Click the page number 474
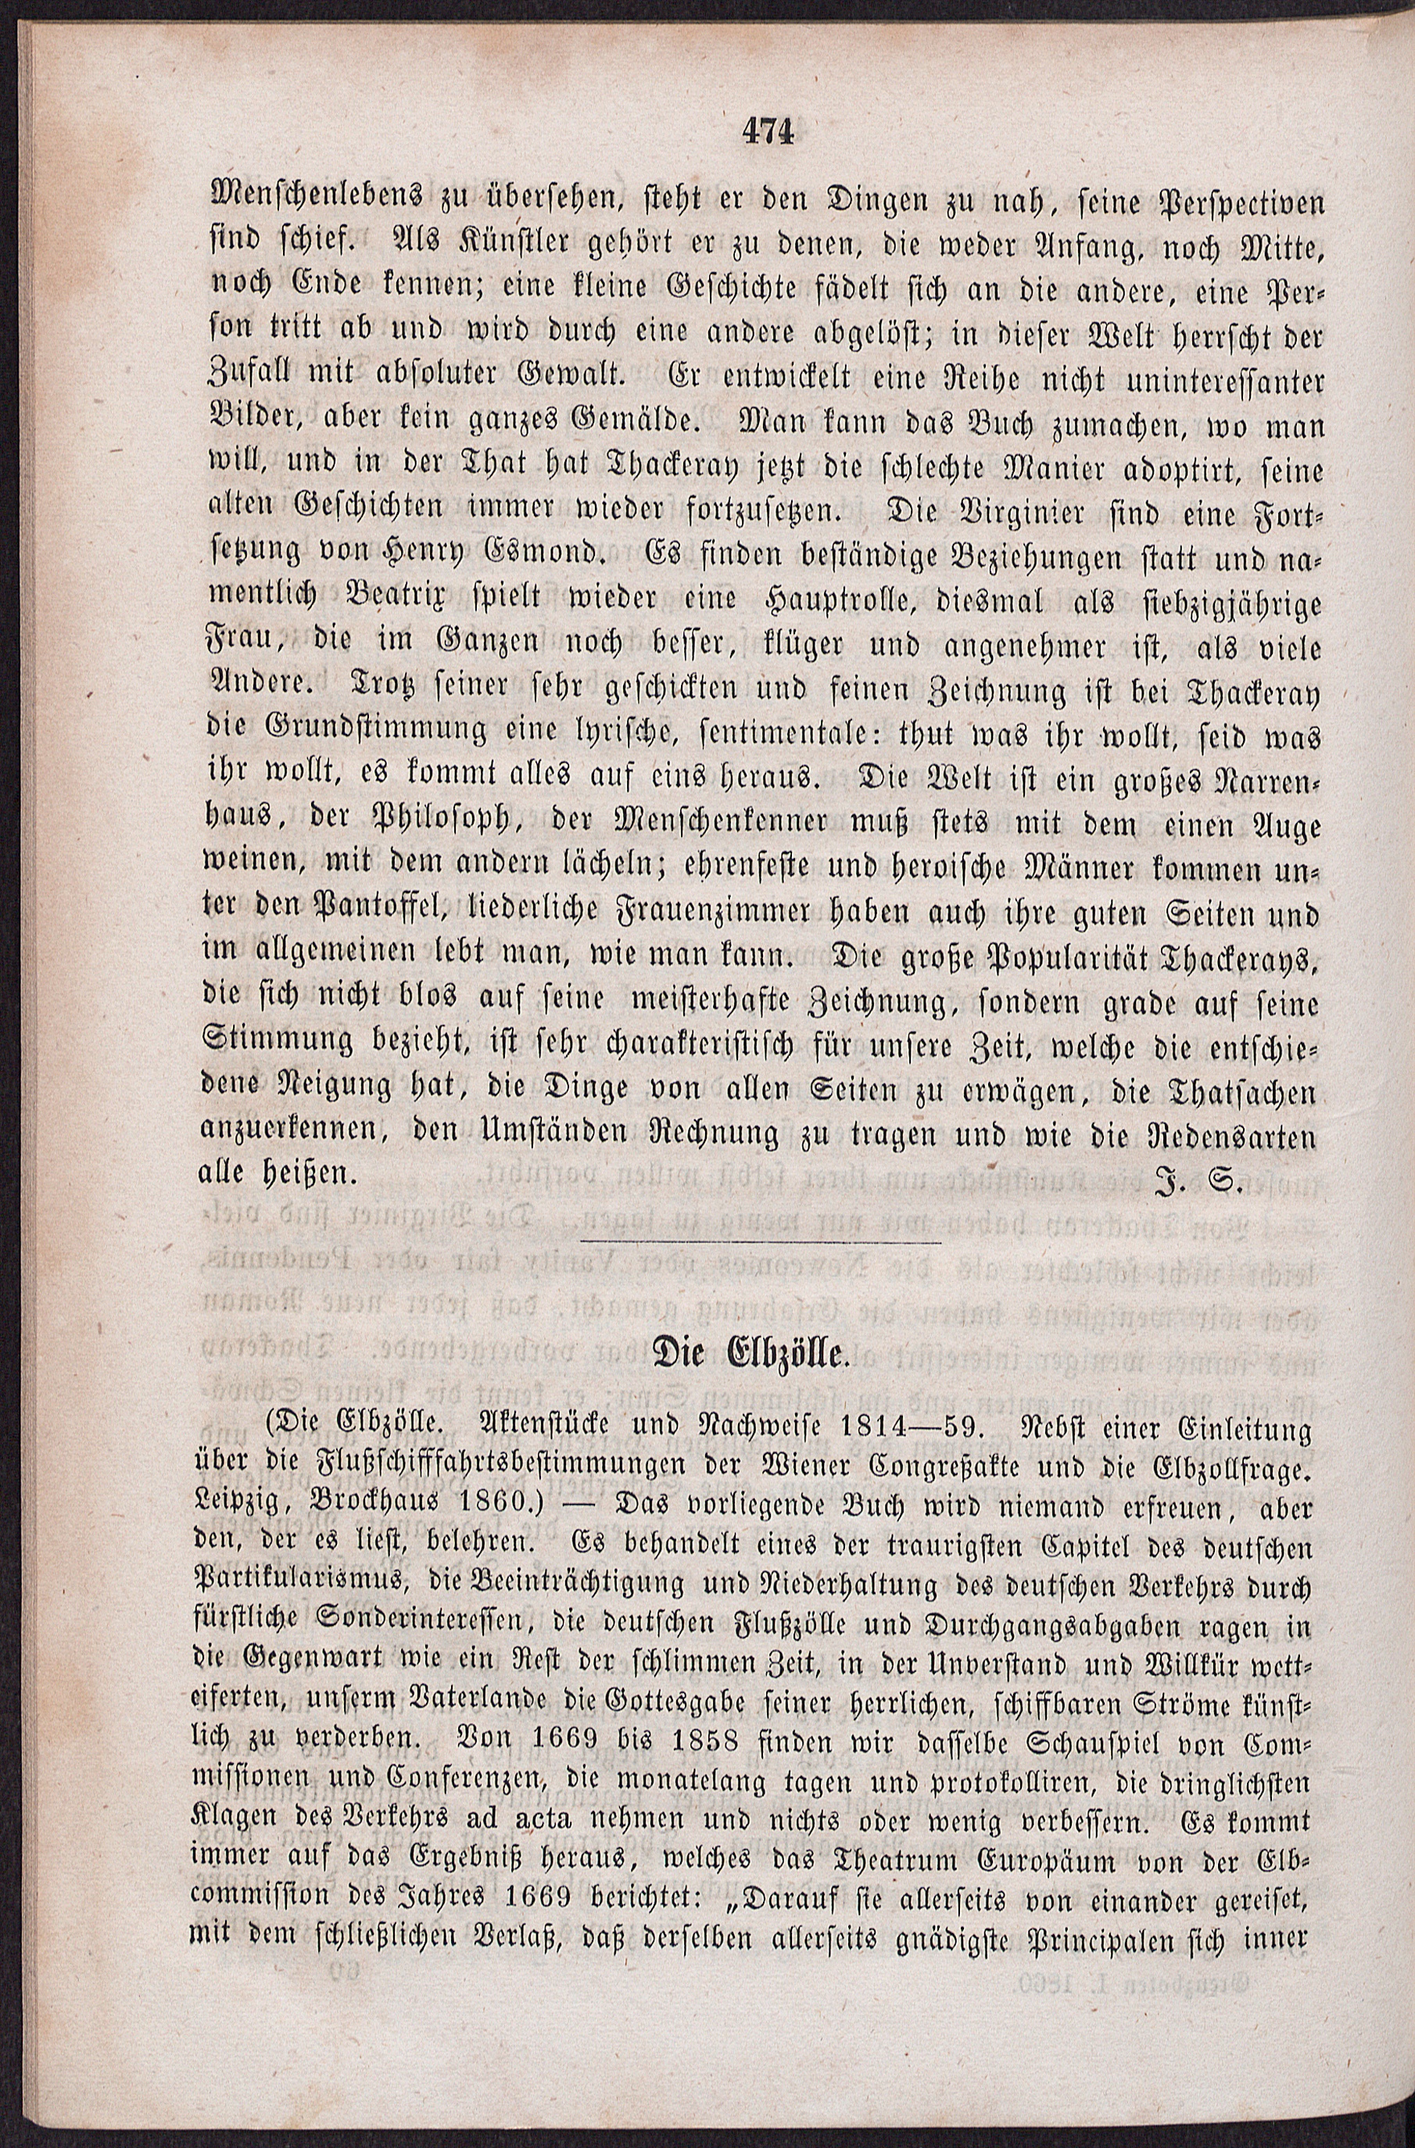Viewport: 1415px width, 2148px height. tap(767, 132)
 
